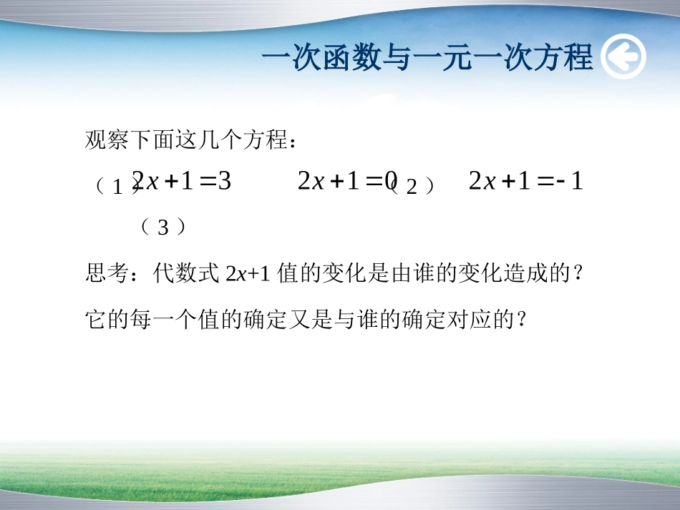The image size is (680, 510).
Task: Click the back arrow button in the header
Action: coord(623,58)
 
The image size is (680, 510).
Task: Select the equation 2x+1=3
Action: coord(183,181)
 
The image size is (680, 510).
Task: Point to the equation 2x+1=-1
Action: coord(525,181)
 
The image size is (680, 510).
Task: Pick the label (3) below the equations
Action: coord(163,227)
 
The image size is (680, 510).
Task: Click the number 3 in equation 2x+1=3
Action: coord(224,181)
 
